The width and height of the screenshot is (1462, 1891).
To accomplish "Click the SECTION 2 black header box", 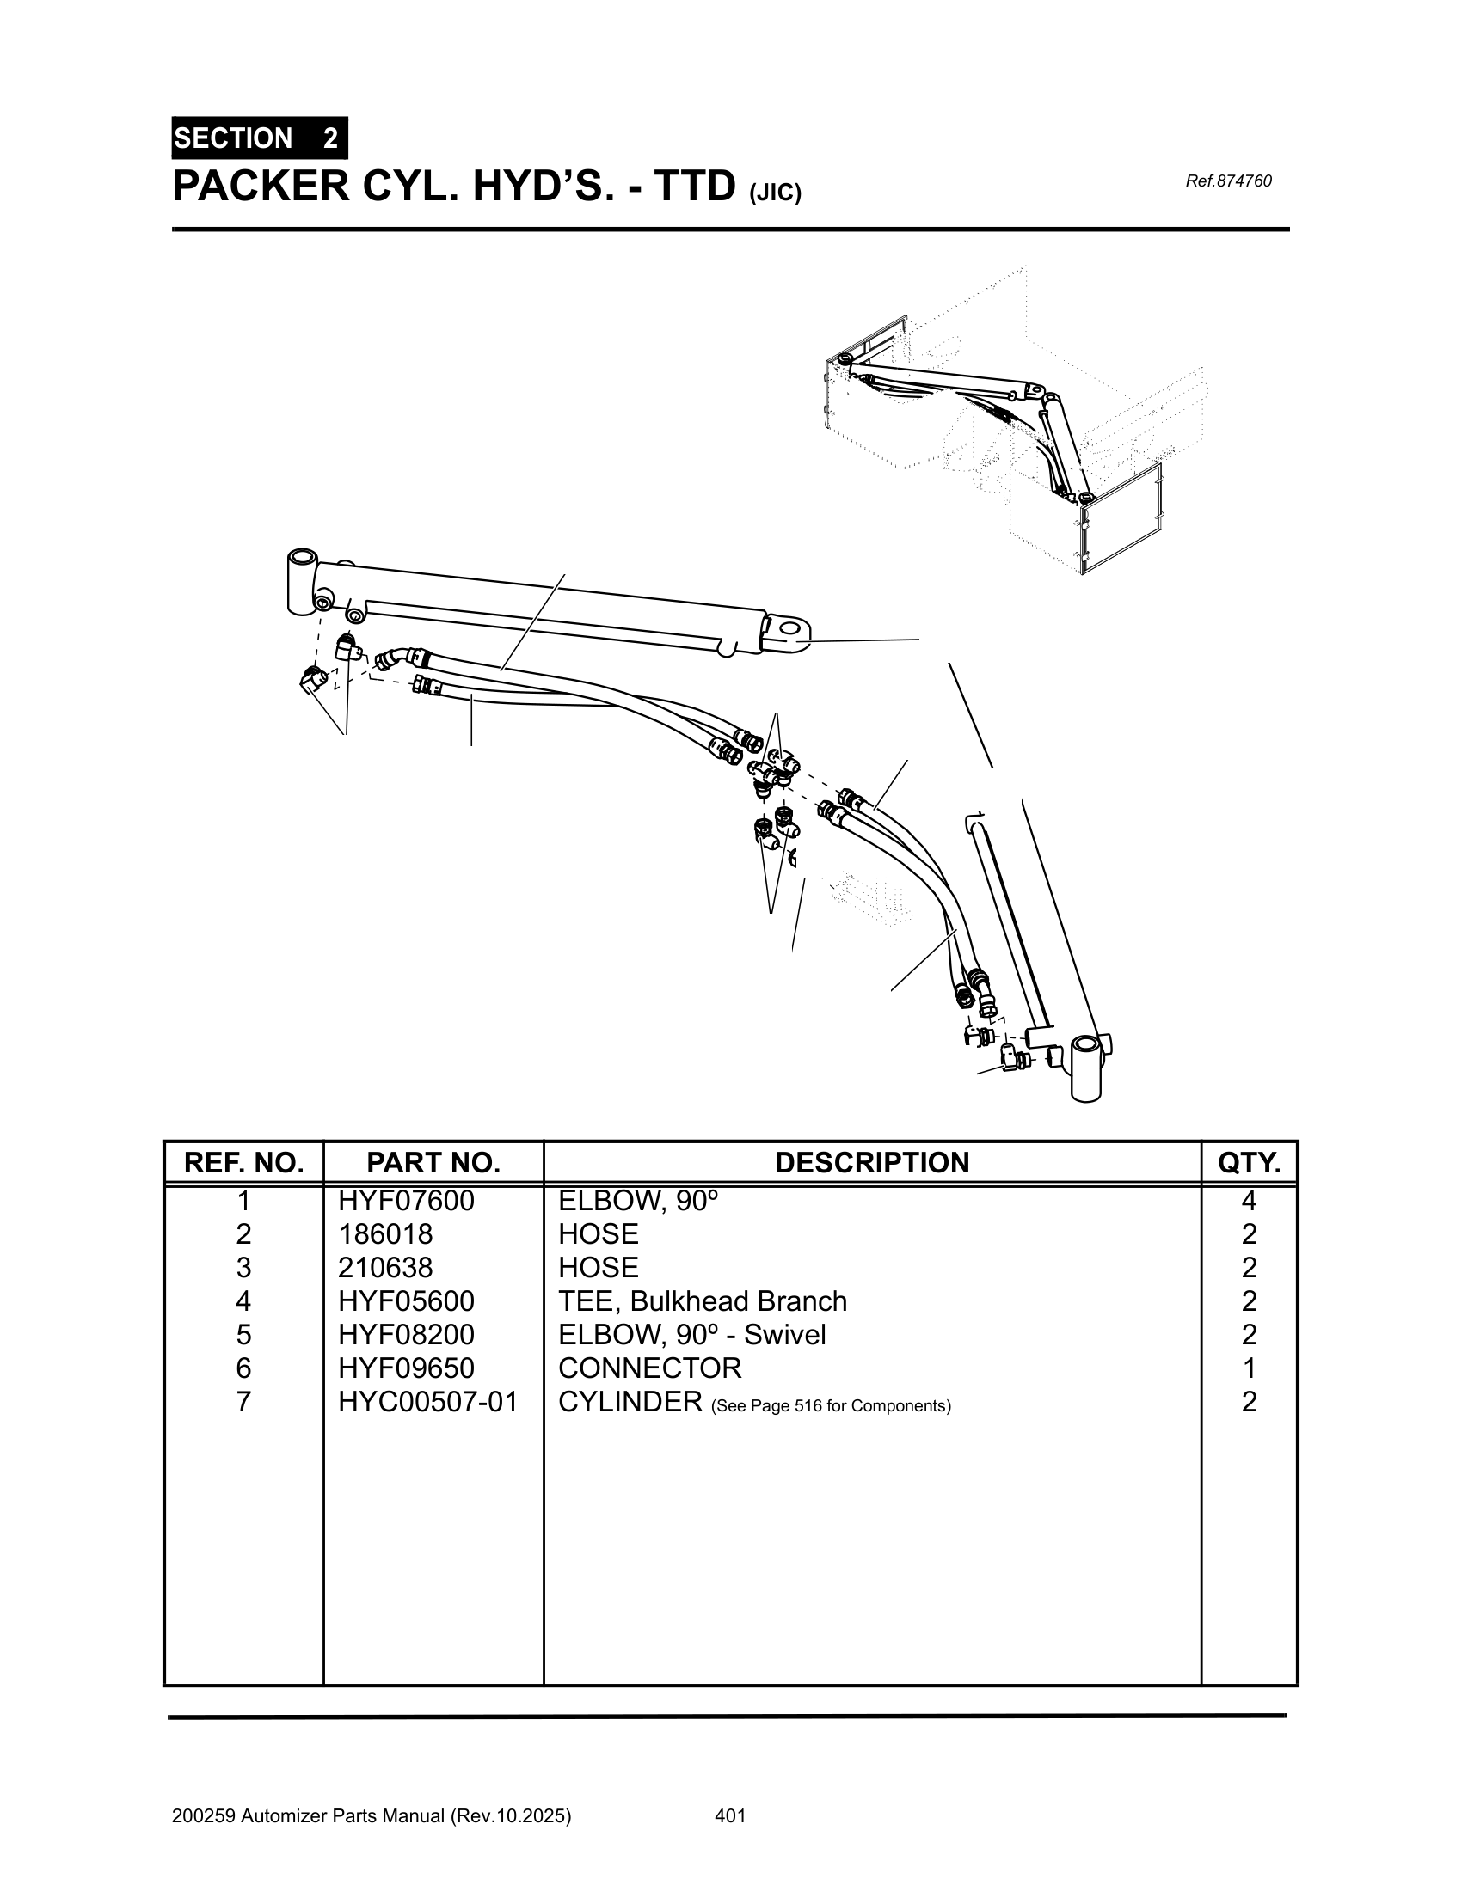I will pos(260,138).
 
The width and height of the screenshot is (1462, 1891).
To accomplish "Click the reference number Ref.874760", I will pos(1227,181).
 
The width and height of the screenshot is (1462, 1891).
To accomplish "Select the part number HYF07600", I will pos(406,1201).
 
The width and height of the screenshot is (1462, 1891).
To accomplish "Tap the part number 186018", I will pos(385,1233).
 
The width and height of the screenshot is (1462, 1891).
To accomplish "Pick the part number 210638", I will pos(385,1268).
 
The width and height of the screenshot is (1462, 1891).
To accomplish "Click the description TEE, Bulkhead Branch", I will pos(703,1300).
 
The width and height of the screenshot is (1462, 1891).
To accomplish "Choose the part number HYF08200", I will pos(406,1334).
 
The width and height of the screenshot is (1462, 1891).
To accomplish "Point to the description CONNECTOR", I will pos(649,1368).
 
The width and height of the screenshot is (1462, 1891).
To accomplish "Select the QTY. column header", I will pos(1248,1162).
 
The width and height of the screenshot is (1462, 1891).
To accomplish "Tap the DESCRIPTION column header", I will pos(871,1162).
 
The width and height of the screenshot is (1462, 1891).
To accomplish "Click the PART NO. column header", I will pos(433,1162).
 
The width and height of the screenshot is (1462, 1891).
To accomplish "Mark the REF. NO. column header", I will pos(243,1162).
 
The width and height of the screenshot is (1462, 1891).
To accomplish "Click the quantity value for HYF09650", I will pos(1248,1368).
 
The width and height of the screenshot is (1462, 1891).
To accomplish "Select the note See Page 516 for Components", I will pos(831,1405).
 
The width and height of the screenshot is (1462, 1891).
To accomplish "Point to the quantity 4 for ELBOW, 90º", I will pos(1248,1201).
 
